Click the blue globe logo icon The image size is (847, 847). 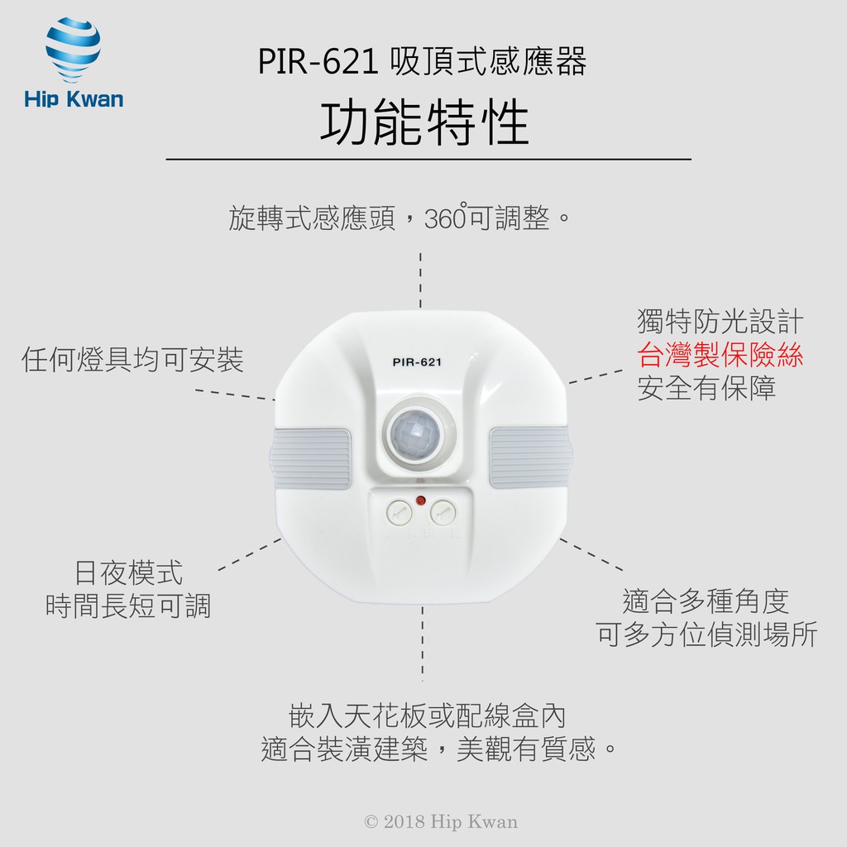[x=73, y=50]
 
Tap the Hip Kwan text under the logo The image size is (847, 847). [x=74, y=99]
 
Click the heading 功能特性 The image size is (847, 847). [x=424, y=122]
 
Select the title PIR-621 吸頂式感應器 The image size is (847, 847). [x=423, y=61]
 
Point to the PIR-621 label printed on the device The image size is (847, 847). [x=417, y=362]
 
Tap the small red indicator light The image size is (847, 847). [x=420, y=500]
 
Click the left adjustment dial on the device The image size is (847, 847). [x=400, y=511]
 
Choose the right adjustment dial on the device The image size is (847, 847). [x=443, y=511]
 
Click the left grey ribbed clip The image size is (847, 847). [x=310, y=458]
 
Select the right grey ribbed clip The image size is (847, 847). [x=530, y=457]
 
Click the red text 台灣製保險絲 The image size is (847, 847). [x=720, y=355]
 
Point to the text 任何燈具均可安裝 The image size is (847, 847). [x=133, y=359]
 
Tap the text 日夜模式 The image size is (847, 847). [x=128, y=572]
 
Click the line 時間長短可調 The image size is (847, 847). [x=128, y=605]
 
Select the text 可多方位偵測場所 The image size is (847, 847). [x=706, y=634]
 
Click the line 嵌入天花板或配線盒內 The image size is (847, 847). [x=428, y=716]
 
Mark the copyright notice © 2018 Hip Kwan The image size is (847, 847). [x=441, y=821]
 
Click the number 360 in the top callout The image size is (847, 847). [x=444, y=218]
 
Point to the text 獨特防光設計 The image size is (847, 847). [x=720, y=322]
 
